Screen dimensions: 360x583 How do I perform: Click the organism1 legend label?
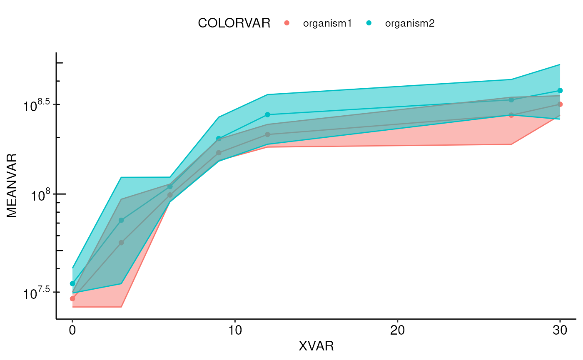[327, 23]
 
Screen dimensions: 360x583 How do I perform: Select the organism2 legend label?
[410, 23]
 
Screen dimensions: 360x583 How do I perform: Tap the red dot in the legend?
[287, 23]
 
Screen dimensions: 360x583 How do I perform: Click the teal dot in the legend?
[369, 23]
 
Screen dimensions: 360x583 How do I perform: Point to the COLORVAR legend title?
[234, 23]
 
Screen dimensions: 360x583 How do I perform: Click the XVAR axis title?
[316, 346]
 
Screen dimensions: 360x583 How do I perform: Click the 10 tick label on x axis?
[235, 330]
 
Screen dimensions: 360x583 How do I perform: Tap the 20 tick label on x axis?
[397, 330]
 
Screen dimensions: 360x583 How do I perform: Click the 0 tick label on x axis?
[72, 330]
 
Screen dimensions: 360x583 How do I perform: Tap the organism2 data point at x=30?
[560, 90]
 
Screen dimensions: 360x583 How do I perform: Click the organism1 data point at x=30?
[560, 104]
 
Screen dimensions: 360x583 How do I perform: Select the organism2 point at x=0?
[72, 283]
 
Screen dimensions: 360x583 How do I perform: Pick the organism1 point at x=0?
[72, 298]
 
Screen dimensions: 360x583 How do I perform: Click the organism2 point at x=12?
[267, 114]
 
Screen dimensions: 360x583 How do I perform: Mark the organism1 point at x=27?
[511, 115]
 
